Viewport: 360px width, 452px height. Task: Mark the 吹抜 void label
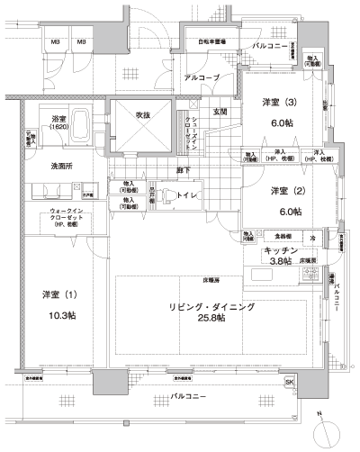(142, 115)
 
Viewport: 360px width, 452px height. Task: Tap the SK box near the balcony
(289, 383)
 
